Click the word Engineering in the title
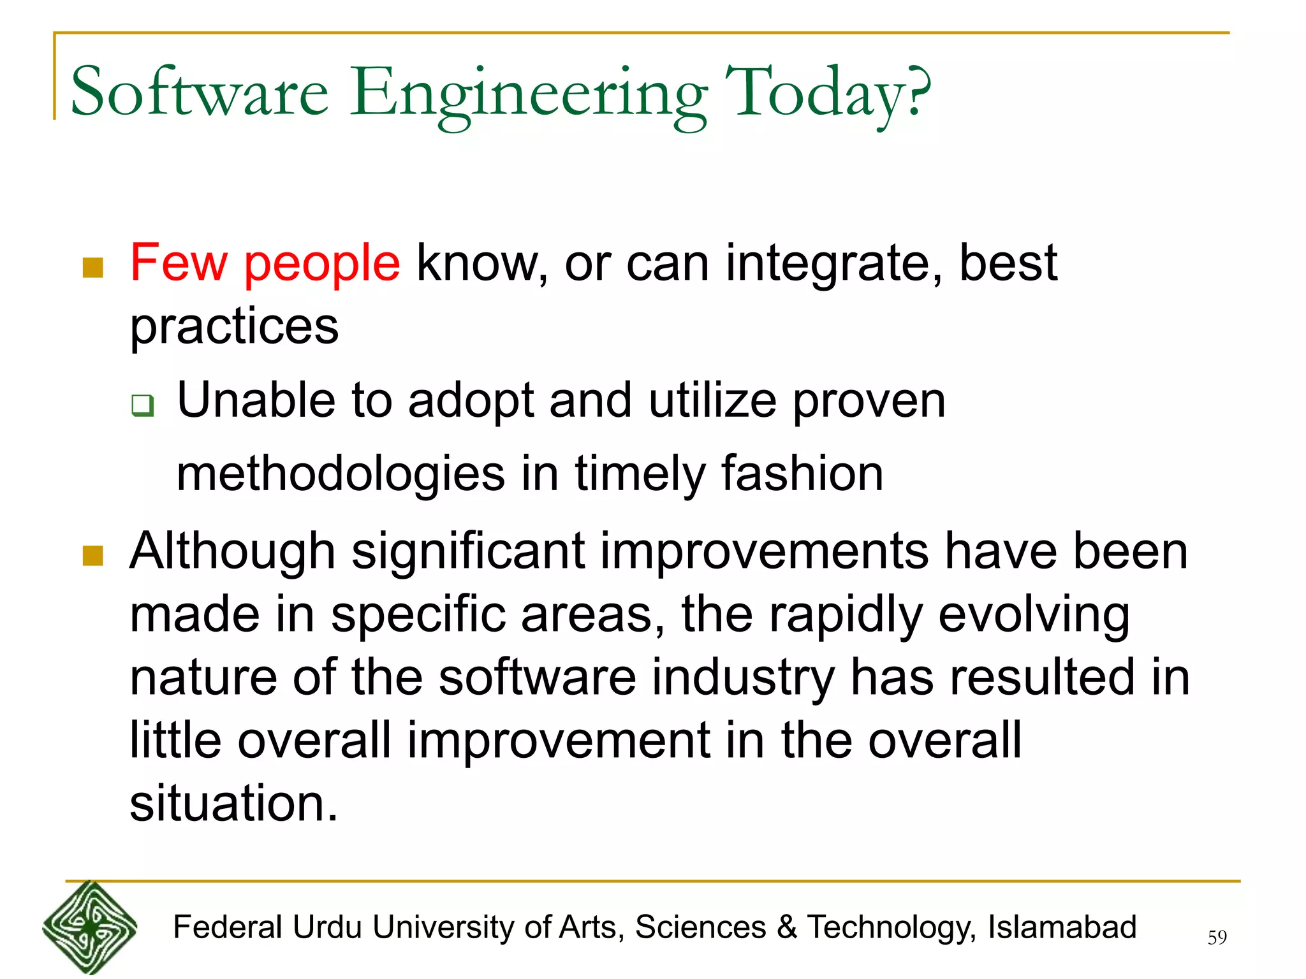tap(529, 96)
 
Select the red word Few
tap(179, 263)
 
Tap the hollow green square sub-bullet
tap(143, 405)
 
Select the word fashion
tap(802, 474)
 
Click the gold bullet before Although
tap(93, 555)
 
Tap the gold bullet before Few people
tap(93, 268)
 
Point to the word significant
tap(468, 552)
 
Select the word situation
tap(233, 804)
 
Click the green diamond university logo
tap(90, 928)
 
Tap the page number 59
tap(1217, 938)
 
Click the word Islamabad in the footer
tap(1062, 927)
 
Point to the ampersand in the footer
tap(787, 927)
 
